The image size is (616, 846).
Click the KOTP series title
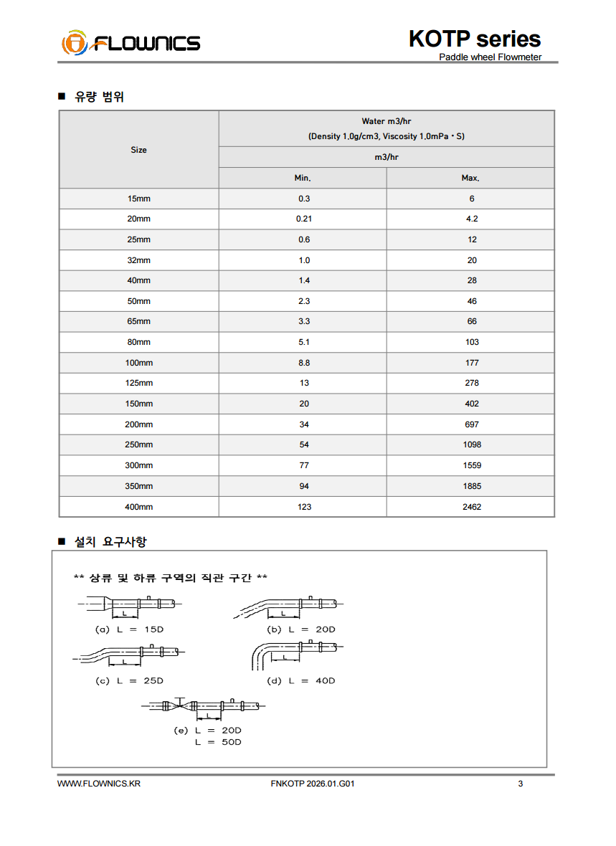click(474, 39)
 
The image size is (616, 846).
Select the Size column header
click(138, 150)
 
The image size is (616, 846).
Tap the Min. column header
click(303, 178)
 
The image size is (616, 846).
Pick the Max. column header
click(470, 178)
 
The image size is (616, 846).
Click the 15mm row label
click(138, 199)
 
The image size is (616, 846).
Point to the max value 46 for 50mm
click(471, 301)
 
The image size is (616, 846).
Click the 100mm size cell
click(138, 363)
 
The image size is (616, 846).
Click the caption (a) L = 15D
click(129, 629)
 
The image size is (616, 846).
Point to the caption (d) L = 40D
click(300, 680)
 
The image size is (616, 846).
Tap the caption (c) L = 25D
click(129, 680)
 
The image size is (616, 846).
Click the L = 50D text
click(218, 742)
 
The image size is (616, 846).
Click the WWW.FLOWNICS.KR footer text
click(98, 784)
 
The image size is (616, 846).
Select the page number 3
click(521, 784)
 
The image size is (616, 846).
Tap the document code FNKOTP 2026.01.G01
click(313, 784)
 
